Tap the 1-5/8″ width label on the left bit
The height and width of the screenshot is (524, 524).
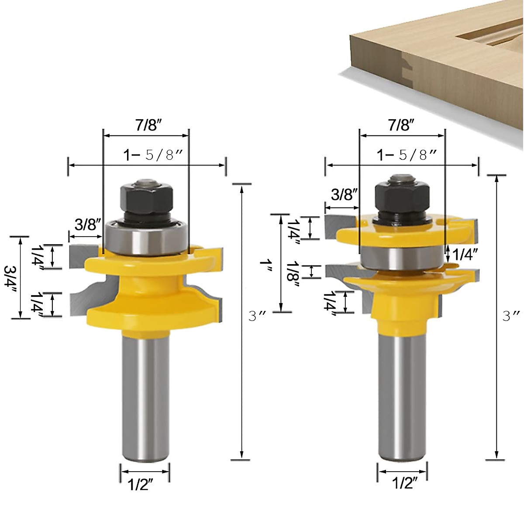152,155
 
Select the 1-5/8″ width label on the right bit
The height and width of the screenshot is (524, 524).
407,155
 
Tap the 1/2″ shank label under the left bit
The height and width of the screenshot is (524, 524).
140,484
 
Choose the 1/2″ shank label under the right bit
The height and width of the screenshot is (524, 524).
404,483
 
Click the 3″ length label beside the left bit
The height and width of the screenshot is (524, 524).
257,315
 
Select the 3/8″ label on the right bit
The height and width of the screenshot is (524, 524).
344,194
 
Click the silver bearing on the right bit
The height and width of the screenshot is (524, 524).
402,259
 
